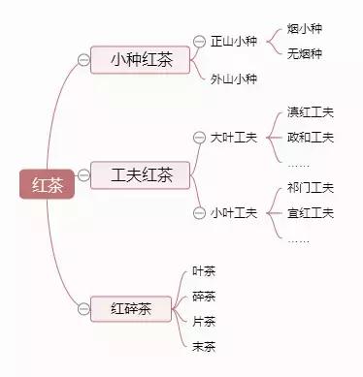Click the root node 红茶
(48, 183)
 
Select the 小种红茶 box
(139, 60)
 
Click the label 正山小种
(234, 42)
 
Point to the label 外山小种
(234, 79)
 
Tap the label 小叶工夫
(234, 212)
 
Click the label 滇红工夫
(311, 112)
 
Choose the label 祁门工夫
(311, 187)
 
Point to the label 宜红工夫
(311, 212)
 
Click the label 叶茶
(204, 270)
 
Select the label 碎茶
(204, 296)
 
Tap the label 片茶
(204, 321)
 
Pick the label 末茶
(204, 345)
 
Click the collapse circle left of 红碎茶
(84, 309)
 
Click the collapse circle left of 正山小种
(201, 42)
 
